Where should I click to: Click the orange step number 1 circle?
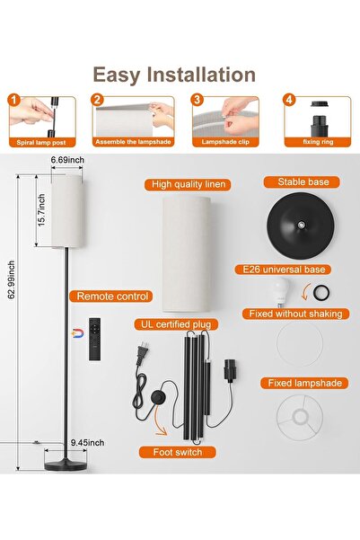[13, 101]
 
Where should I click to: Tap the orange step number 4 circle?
[289, 100]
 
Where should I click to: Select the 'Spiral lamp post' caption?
[41, 143]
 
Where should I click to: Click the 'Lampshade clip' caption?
[225, 142]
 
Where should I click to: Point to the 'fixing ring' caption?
[318, 142]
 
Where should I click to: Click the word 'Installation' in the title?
[201, 75]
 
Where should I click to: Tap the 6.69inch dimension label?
[67, 160]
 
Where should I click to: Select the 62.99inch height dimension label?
[12, 280]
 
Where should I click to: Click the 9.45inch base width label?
[87, 443]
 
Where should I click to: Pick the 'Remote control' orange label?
[112, 297]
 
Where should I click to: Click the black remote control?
[95, 340]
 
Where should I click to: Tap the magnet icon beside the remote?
[78, 333]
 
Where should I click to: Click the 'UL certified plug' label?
[176, 324]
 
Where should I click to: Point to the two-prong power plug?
[142, 354]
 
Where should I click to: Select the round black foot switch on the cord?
[158, 397]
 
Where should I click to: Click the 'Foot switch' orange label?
[178, 452]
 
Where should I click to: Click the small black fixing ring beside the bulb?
[321, 293]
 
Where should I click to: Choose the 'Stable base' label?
[303, 181]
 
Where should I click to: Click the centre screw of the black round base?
[301, 225]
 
